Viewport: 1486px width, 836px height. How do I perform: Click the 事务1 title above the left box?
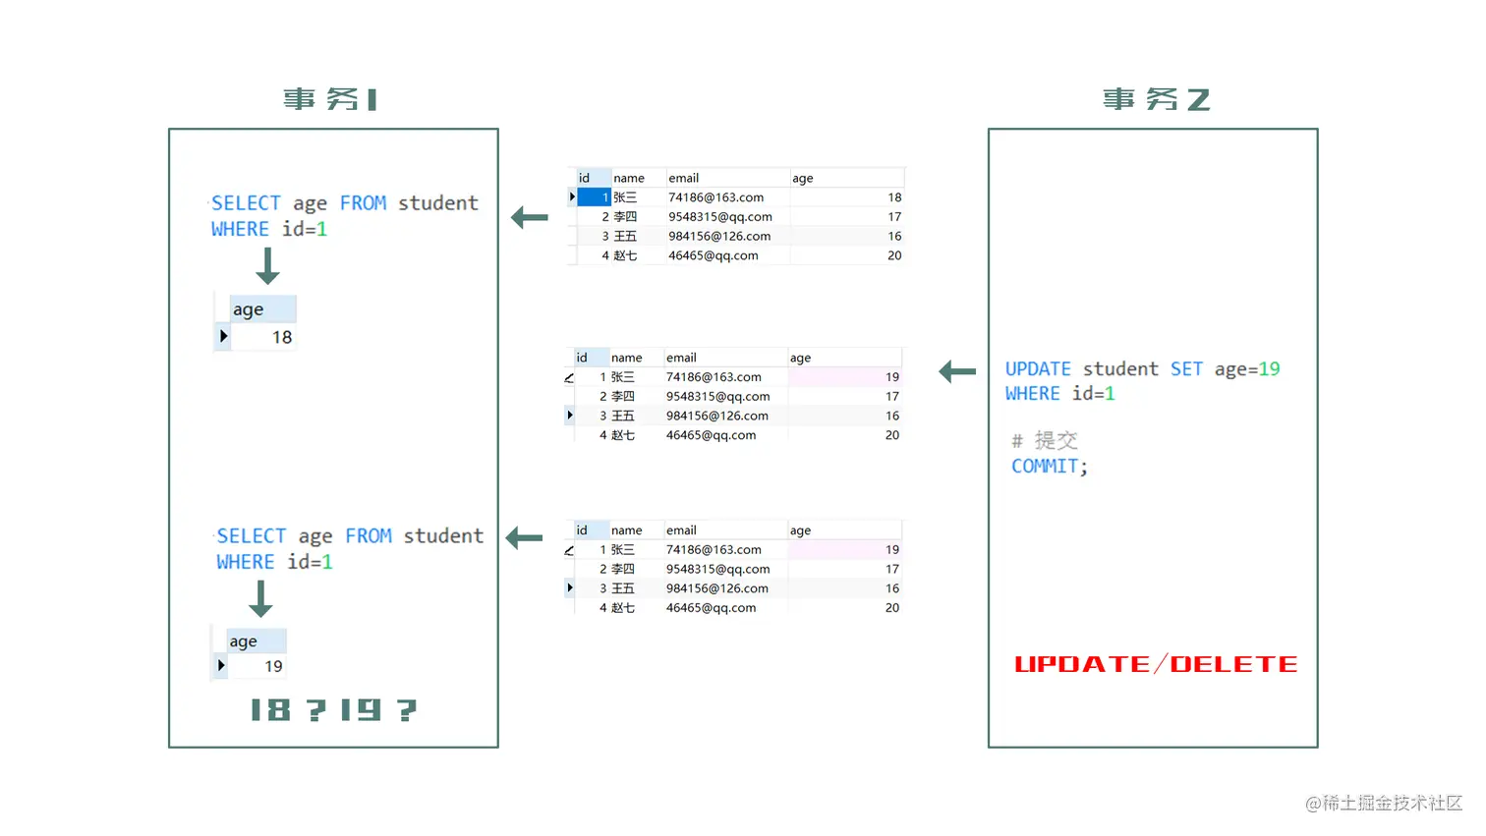(x=330, y=99)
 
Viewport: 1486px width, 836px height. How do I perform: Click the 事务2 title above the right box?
(x=1156, y=99)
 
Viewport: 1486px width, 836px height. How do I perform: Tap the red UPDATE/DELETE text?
(x=1156, y=665)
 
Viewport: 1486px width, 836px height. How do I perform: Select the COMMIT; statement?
(x=1049, y=467)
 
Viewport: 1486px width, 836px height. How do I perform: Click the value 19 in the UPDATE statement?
(x=1269, y=369)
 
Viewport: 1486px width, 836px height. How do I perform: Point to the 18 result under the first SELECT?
(x=282, y=337)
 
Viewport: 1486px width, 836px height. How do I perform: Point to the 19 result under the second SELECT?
(x=273, y=666)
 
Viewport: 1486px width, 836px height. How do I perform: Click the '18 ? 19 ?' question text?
(x=333, y=709)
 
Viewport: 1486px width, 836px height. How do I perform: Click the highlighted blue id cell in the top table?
(x=594, y=197)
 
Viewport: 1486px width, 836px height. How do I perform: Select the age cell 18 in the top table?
(x=893, y=197)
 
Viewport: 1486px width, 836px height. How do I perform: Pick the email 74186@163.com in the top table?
(x=715, y=197)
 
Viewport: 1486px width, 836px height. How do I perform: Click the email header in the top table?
(x=684, y=178)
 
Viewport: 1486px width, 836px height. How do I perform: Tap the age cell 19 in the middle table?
(x=891, y=377)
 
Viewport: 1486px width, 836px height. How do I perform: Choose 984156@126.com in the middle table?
(x=717, y=416)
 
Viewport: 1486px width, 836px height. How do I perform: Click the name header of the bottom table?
(x=626, y=530)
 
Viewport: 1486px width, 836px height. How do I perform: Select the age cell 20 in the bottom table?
(x=891, y=608)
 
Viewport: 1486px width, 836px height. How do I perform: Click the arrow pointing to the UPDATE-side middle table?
(x=957, y=371)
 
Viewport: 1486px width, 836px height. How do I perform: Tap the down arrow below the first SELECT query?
(x=267, y=266)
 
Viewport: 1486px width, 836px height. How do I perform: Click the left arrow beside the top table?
(x=530, y=217)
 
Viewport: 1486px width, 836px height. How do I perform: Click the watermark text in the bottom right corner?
(x=1383, y=803)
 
